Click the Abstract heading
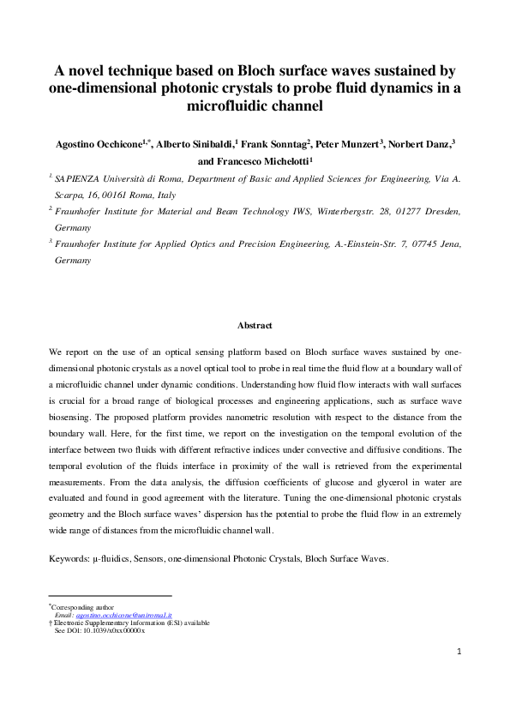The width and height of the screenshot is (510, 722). click(x=255, y=326)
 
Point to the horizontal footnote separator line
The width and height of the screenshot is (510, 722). click(x=111, y=596)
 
